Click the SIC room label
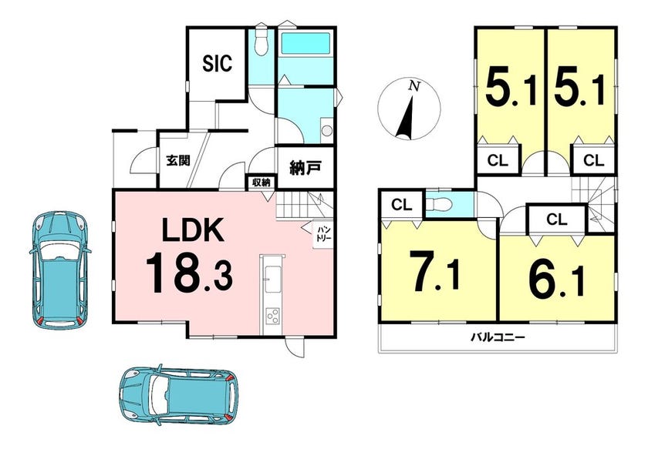click(218, 64)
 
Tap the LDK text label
click(193, 230)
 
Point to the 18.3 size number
click(189, 273)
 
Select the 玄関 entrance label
click(178, 160)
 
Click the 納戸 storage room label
click(305, 168)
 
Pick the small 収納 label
click(262, 182)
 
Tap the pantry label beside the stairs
click(322, 234)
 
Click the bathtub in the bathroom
click(305, 42)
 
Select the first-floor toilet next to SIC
click(261, 42)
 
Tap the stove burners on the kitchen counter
click(272, 317)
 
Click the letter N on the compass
click(414, 86)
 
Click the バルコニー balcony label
click(498, 337)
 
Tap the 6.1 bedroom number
click(557, 277)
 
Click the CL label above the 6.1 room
click(557, 219)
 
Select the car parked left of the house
click(60, 270)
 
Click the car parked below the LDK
click(178, 395)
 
